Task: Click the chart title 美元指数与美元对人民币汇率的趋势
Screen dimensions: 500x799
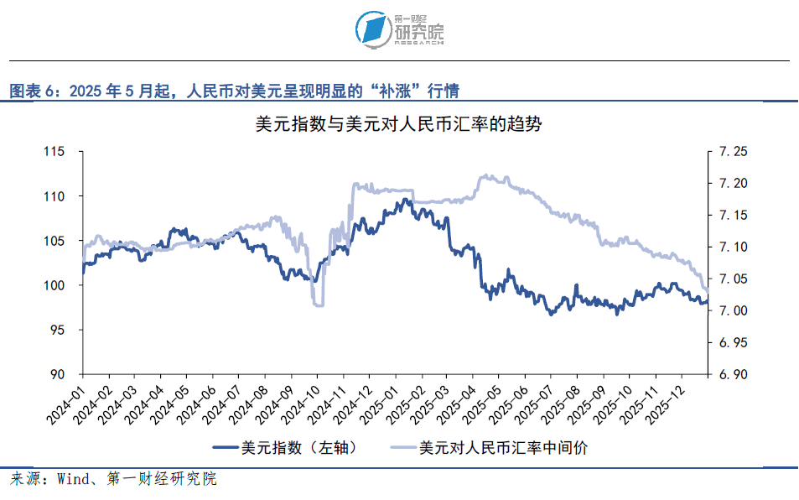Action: (x=399, y=126)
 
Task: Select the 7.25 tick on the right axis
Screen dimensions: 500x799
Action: (x=727, y=152)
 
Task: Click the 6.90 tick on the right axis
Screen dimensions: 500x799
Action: (x=727, y=375)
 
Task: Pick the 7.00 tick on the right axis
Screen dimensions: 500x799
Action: (x=727, y=311)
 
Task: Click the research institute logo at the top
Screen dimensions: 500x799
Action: (x=399, y=29)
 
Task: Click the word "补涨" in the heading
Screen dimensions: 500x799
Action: (x=402, y=91)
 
